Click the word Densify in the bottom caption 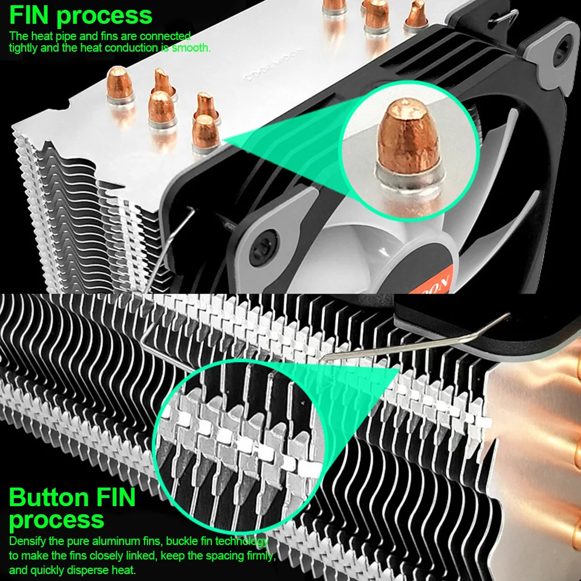coord(28,542)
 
